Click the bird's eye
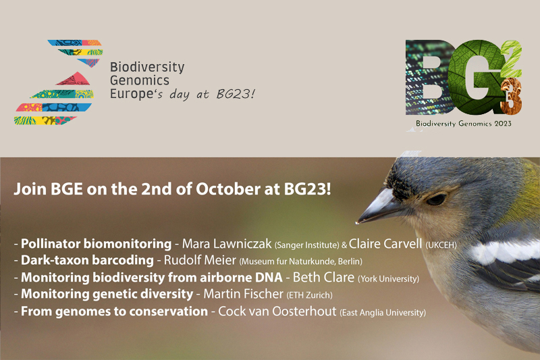click(x=436, y=199)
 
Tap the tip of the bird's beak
click(x=357, y=222)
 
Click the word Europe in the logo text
click(x=132, y=94)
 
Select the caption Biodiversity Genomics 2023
click(x=464, y=124)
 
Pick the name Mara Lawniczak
click(x=227, y=244)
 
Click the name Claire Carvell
click(x=385, y=244)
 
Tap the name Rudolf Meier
click(x=200, y=260)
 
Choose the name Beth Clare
click(x=323, y=278)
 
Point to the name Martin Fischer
click(x=244, y=294)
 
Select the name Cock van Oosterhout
click(x=277, y=311)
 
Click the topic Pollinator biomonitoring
click(x=96, y=244)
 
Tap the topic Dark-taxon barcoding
click(x=87, y=260)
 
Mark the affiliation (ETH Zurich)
click(x=310, y=295)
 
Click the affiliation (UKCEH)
click(x=441, y=245)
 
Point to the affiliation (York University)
click(x=389, y=279)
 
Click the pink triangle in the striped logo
click(x=74, y=79)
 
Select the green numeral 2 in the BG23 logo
click(x=512, y=59)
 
